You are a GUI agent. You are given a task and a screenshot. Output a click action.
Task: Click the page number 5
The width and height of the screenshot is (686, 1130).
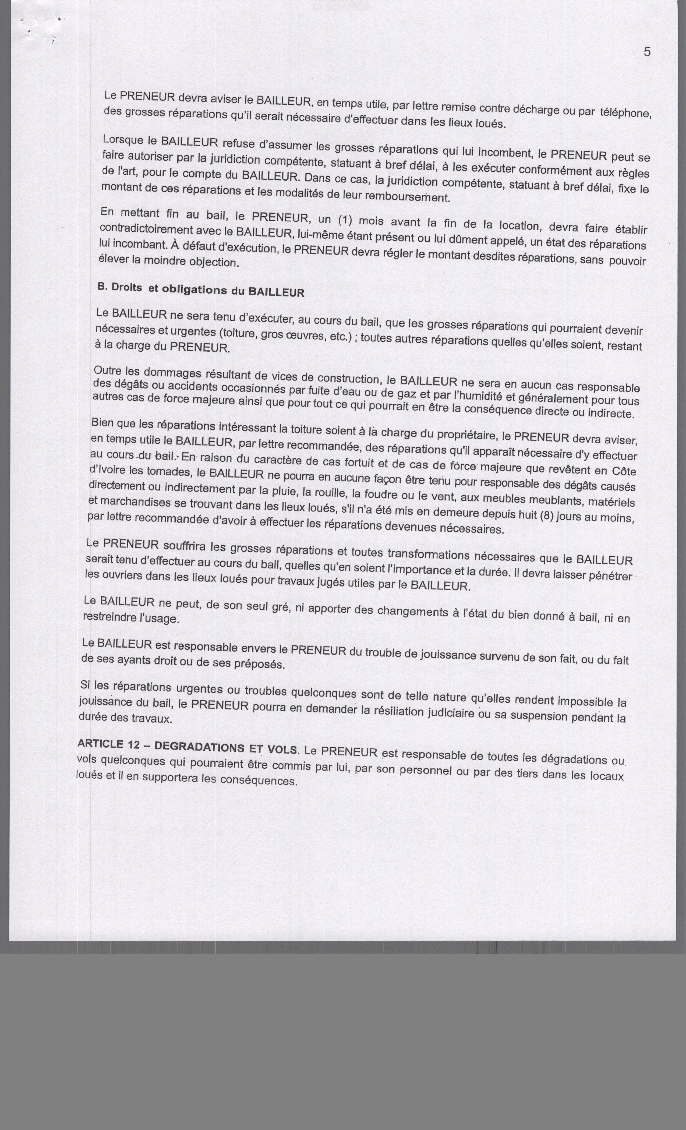[647, 52]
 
